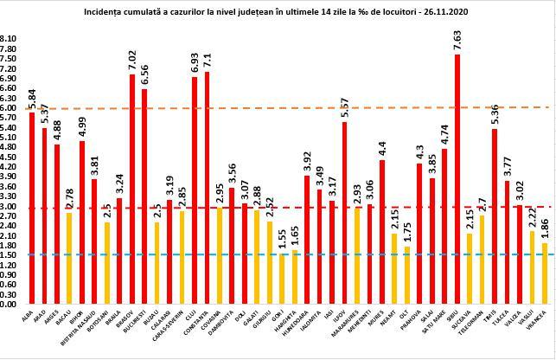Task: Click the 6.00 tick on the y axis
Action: click(8, 107)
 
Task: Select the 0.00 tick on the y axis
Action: click(8, 305)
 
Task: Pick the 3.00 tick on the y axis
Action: click(8, 206)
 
